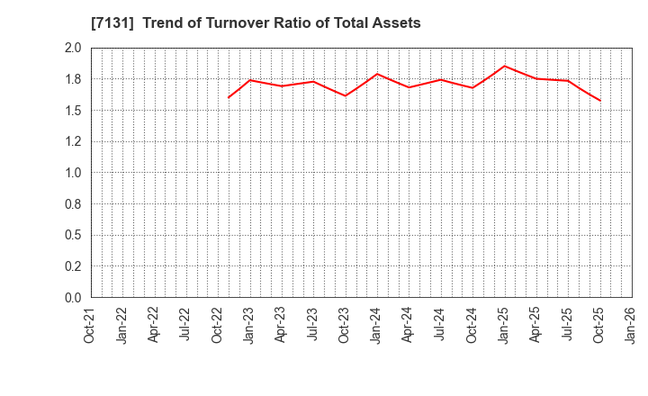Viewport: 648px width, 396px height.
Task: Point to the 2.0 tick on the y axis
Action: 73,49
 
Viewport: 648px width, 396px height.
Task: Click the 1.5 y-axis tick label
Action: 73,111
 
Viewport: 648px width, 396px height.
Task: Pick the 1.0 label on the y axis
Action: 73,173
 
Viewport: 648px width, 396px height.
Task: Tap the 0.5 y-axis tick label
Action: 73,235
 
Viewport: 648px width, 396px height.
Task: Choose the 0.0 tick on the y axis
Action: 73,298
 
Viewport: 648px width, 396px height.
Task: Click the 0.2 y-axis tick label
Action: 73,266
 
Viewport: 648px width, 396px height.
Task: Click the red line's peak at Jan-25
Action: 504,66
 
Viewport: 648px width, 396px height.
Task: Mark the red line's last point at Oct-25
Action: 599,100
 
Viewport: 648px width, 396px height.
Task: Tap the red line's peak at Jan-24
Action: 377,74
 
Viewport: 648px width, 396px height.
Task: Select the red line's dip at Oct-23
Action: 346,95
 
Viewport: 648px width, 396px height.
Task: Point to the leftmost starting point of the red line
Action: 229,97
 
